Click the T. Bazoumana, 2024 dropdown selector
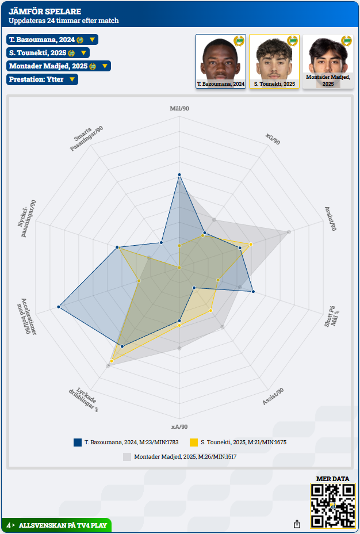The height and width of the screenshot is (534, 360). click(x=52, y=40)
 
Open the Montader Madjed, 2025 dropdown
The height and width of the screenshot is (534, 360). click(x=58, y=66)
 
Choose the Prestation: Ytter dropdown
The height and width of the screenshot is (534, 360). click(x=42, y=79)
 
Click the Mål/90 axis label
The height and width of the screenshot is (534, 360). click(x=179, y=109)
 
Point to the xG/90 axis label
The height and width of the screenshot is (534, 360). click(x=273, y=139)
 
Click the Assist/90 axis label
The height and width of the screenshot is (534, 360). click(x=273, y=396)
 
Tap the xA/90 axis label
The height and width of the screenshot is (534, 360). click(x=179, y=426)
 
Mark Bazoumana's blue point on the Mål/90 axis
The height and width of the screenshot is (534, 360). click(x=179, y=174)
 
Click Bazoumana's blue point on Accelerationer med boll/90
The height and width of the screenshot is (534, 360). click(x=59, y=307)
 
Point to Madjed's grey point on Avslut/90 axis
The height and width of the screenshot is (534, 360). click(x=289, y=232)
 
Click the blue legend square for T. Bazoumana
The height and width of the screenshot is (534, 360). click(x=78, y=443)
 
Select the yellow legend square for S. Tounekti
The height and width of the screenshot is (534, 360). click(x=194, y=443)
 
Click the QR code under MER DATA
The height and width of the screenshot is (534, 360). click(x=332, y=505)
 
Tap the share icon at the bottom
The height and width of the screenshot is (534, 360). click(x=297, y=524)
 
